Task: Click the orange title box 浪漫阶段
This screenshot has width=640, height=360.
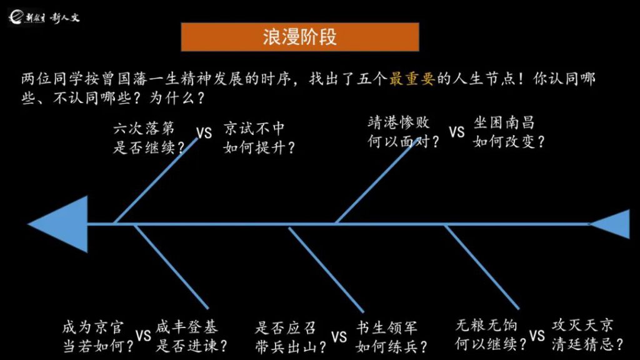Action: coord(299,37)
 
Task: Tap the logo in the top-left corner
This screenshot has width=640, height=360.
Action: coord(44,17)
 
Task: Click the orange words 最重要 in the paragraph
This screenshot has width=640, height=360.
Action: coord(412,79)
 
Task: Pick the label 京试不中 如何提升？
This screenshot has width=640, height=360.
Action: coord(259,138)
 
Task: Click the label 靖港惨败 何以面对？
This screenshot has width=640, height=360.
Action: coord(403,132)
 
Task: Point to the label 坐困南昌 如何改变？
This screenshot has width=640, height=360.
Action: coord(509,132)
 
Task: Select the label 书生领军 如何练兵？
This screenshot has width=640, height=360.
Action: coord(391,336)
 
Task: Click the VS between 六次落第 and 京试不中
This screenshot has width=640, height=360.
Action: coord(204,133)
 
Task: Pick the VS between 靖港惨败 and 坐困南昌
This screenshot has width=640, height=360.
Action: coord(457,132)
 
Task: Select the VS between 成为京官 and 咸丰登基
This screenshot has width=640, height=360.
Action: coord(143,336)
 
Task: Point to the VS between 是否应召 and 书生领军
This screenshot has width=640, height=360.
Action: coord(339,337)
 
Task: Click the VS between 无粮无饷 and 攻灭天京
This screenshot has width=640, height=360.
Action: coord(537,336)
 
